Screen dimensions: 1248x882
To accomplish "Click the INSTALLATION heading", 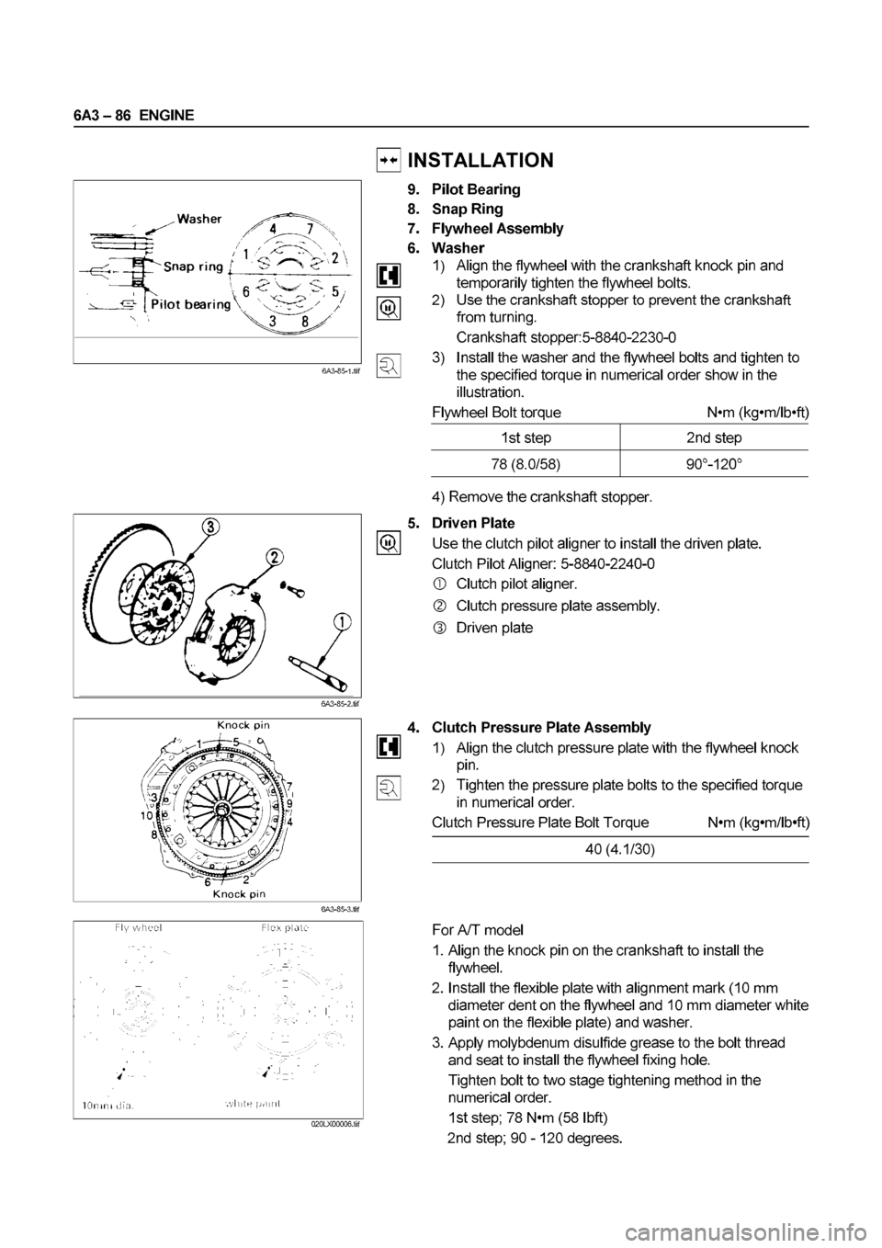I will coord(480,161).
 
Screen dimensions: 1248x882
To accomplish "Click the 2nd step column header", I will coord(714,437).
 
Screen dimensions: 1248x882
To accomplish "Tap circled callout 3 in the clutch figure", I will coord(211,527).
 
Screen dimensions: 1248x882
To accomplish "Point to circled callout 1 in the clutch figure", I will coord(342,622).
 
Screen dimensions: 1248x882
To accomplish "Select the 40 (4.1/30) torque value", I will coord(620,850).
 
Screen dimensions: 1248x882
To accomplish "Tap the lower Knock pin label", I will coord(241,892).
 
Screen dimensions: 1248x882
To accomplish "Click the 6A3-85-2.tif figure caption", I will coord(340,705).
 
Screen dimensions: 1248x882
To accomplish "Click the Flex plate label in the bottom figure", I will coord(284,927).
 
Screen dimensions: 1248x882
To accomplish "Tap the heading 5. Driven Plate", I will coord(473,523).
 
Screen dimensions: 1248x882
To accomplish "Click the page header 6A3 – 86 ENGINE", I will coord(130,115).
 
